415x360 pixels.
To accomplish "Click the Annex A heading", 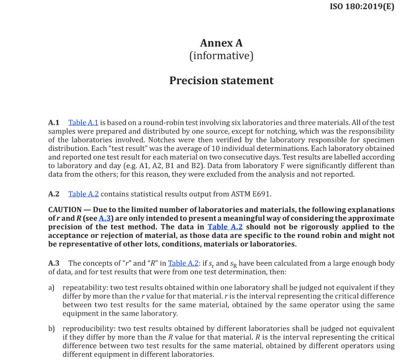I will coord(221,43).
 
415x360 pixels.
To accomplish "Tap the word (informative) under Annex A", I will coord(221,56).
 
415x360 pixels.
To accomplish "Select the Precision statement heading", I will coord(221,81).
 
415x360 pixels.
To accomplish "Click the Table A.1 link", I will coord(83,123).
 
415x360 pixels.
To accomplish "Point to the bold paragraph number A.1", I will coord(54,123).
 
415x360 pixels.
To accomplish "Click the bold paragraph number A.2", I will coord(54,194).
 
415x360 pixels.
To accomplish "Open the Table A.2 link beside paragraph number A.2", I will coord(83,194).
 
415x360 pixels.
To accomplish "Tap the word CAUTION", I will coord(65,210).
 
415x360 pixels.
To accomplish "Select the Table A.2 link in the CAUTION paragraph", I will coord(225,227).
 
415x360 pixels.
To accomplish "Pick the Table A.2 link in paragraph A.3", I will coord(183,263).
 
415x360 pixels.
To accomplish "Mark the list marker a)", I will coord(51,288).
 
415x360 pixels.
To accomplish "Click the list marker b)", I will coord(51,329).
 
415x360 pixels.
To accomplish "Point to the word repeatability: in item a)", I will coord(85,288).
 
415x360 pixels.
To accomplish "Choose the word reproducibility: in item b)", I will coord(88,329).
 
